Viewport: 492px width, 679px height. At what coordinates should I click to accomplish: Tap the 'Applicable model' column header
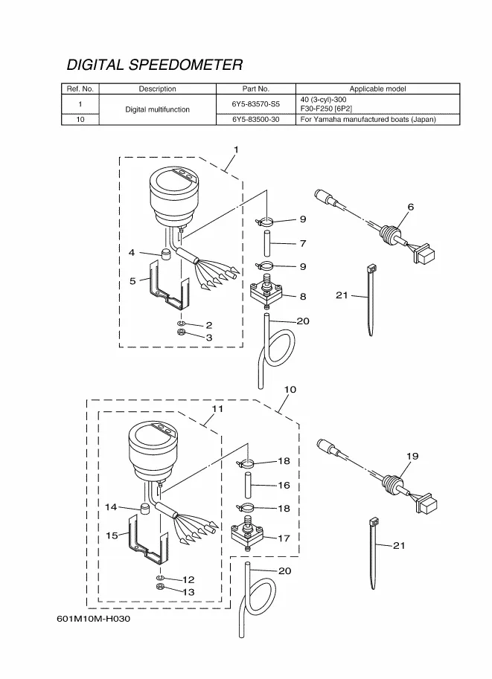click(377, 89)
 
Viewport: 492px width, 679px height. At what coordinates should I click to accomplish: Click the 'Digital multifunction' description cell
click(157, 109)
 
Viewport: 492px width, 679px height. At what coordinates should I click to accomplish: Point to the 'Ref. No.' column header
click(80, 89)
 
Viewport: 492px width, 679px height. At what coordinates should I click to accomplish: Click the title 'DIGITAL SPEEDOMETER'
click(155, 65)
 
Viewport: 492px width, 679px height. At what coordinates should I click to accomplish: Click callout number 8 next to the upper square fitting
click(303, 296)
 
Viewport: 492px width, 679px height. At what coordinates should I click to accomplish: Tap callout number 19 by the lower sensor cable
click(412, 455)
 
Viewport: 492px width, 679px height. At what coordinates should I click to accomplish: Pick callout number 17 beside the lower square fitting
click(284, 538)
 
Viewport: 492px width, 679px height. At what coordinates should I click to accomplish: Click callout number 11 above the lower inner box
click(217, 409)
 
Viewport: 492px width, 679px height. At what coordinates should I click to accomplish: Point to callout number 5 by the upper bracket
click(133, 281)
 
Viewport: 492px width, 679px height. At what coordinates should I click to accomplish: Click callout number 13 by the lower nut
click(188, 591)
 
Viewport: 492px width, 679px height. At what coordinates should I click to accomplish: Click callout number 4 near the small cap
click(132, 253)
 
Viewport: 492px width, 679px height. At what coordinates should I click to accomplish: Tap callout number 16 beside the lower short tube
click(284, 485)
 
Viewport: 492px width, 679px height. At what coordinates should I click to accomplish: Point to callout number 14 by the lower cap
click(111, 507)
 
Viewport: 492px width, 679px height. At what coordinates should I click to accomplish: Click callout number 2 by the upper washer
click(209, 325)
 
